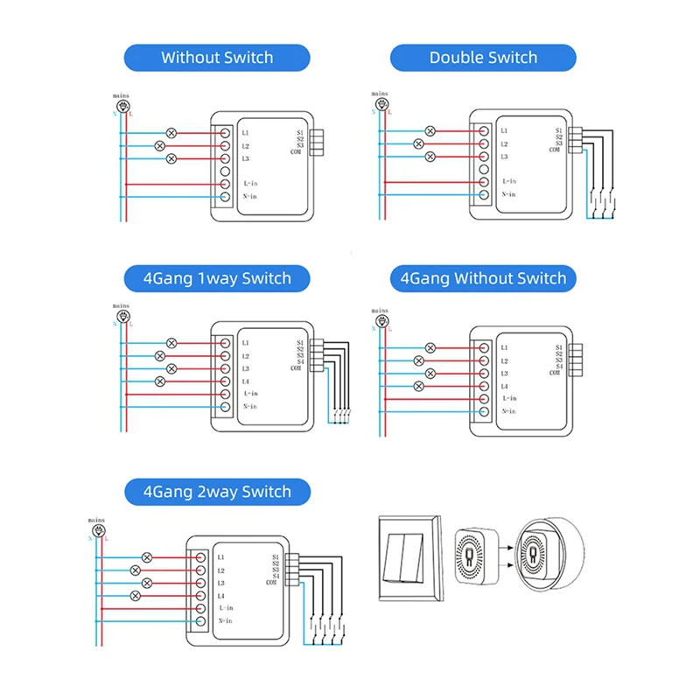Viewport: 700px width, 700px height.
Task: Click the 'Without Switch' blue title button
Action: click(217, 58)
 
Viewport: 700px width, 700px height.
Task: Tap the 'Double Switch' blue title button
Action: click(483, 58)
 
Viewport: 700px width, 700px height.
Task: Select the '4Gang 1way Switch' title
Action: click(217, 278)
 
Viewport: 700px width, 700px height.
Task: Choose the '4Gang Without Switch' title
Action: click(483, 278)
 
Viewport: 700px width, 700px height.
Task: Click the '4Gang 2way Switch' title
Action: click(217, 491)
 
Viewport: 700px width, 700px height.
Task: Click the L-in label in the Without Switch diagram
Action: click(251, 184)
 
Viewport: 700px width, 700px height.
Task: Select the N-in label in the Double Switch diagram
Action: click(508, 193)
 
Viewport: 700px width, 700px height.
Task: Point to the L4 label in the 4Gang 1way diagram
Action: click(246, 381)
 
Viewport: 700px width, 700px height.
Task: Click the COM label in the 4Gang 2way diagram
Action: click(271, 583)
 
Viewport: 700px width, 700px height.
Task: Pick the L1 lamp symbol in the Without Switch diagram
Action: click(171, 133)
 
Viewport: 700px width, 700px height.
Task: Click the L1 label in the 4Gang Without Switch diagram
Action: click(505, 346)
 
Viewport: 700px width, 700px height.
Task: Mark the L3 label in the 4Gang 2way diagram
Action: click(221, 583)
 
